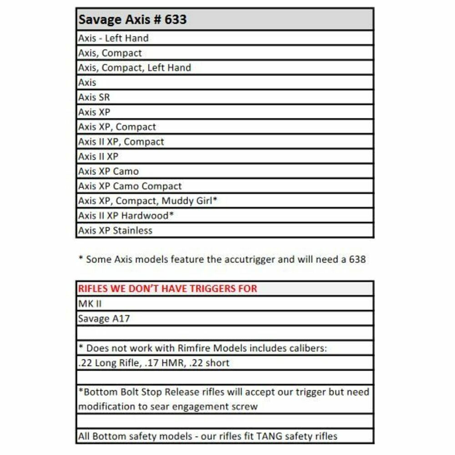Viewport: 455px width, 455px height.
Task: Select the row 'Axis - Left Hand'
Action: [x=113, y=38]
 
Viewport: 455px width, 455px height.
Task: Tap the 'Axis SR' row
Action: [x=94, y=97]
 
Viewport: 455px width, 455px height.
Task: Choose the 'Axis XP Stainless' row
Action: [x=115, y=231]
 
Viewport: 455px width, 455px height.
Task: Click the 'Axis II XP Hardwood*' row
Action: [x=126, y=216]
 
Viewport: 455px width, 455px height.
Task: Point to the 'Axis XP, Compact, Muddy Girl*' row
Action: [x=147, y=201]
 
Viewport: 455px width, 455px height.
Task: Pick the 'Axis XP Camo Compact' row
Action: [x=130, y=186]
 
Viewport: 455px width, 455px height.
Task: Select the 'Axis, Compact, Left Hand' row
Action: [x=134, y=68]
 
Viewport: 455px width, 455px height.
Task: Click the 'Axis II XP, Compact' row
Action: [x=121, y=142]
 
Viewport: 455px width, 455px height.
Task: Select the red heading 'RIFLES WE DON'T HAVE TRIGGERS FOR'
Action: [x=167, y=288]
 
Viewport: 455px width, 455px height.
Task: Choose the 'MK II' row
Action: [x=90, y=304]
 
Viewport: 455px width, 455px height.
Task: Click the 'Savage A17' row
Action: [x=104, y=318]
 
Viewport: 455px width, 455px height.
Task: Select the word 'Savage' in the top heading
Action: [x=97, y=20]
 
